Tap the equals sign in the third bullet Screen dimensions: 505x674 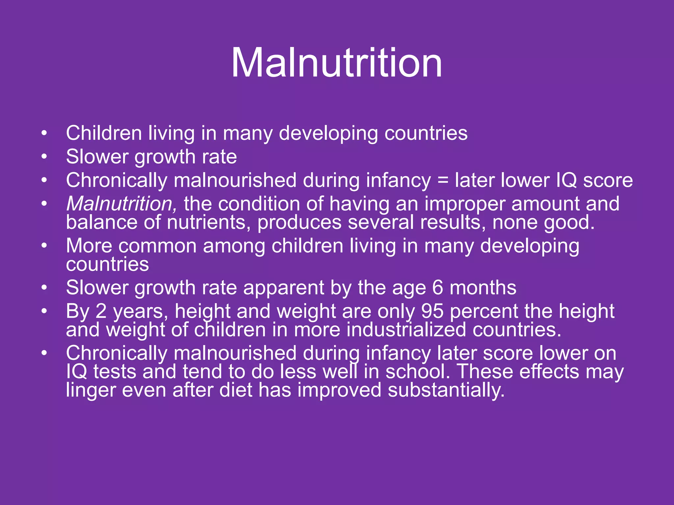(443, 180)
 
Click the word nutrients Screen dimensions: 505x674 (207, 223)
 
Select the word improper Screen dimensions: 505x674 (465, 204)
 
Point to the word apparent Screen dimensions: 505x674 (284, 288)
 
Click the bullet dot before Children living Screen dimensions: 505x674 (44, 133)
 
